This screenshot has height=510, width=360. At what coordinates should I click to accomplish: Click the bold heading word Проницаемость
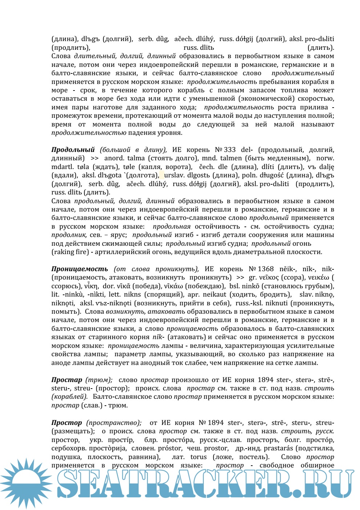pyautogui.click(x=80, y=269)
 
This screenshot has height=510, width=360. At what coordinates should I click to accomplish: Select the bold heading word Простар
pyautogui.click(x=66, y=380)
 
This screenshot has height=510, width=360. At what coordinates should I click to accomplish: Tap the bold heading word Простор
pyautogui.click(x=66, y=423)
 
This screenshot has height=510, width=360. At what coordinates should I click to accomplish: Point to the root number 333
pyautogui.click(x=230, y=150)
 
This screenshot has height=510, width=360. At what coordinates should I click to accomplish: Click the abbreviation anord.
pyautogui.click(x=114, y=158)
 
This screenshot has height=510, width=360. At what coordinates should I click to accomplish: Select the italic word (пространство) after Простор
pyautogui.click(x=114, y=423)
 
